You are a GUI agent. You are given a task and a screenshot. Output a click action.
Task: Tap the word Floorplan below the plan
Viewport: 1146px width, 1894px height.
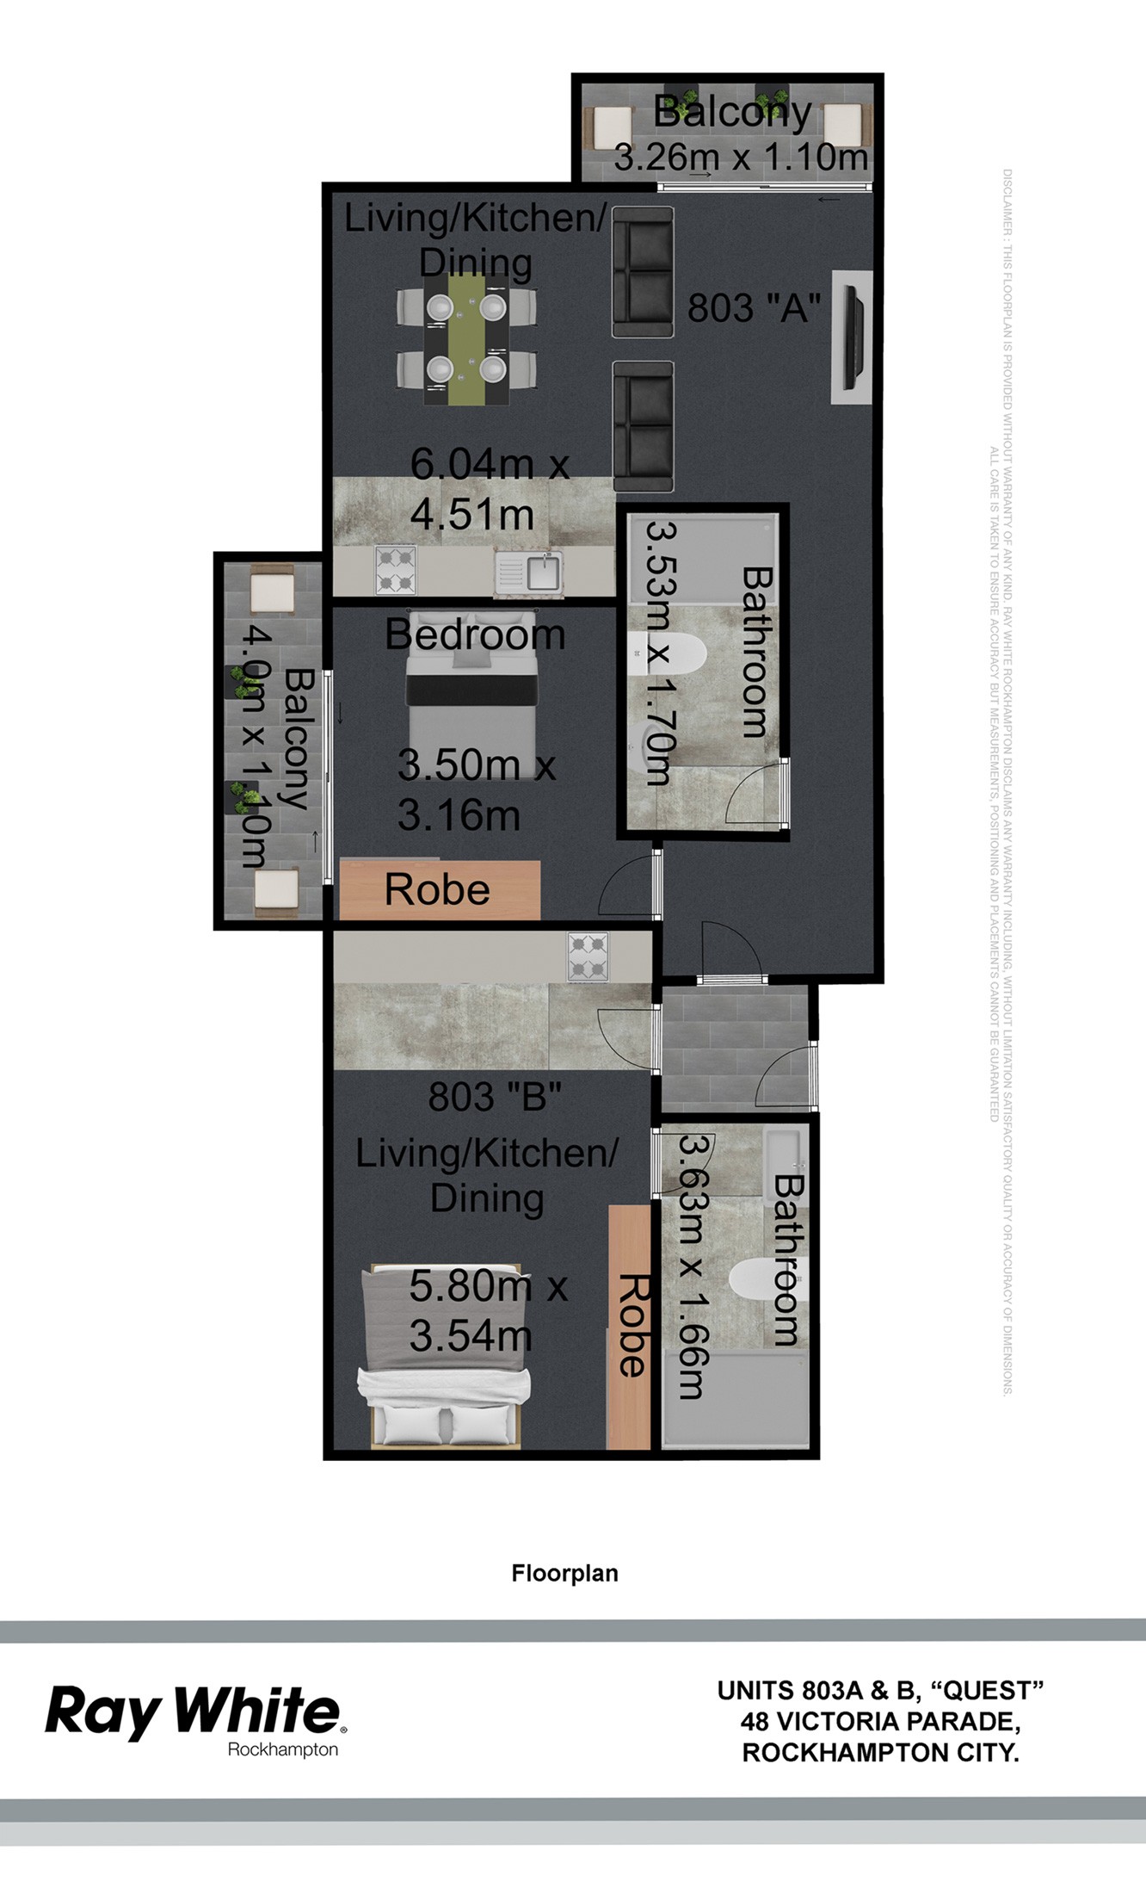(x=564, y=1574)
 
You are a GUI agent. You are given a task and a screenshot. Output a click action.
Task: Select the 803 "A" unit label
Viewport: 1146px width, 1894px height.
(x=754, y=308)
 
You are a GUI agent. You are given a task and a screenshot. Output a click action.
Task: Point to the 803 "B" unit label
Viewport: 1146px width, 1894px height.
(x=495, y=1098)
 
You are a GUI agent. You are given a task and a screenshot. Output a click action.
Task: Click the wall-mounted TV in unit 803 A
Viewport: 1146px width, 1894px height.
(x=853, y=338)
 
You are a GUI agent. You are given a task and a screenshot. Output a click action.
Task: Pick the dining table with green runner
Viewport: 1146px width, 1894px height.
(x=466, y=339)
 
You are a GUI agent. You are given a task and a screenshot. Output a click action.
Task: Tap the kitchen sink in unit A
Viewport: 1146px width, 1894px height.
(x=529, y=572)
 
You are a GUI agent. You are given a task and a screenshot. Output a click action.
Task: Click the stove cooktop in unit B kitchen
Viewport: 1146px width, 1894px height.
(x=587, y=957)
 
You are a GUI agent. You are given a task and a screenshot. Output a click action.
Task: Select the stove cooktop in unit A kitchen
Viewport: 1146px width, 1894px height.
(x=396, y=570)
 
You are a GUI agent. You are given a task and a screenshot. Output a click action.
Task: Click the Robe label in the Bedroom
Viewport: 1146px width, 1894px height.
(x=437, y=890)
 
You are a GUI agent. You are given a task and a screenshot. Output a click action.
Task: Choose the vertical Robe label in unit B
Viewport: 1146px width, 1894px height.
(x=632, y=1325)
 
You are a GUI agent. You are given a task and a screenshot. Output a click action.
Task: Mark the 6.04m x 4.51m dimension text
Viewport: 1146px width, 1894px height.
(x=488, y=490)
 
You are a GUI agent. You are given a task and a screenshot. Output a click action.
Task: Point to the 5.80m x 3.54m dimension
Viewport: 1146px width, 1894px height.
(x=487, y=1311)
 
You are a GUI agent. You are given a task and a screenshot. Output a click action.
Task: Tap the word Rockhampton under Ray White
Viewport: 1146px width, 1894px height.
(x=282, y=1749)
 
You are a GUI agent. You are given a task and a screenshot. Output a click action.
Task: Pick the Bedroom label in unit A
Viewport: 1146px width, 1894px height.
(x=475, y=635)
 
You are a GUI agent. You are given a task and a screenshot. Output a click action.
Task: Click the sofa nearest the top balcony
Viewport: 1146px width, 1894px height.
(x=643, y=272)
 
